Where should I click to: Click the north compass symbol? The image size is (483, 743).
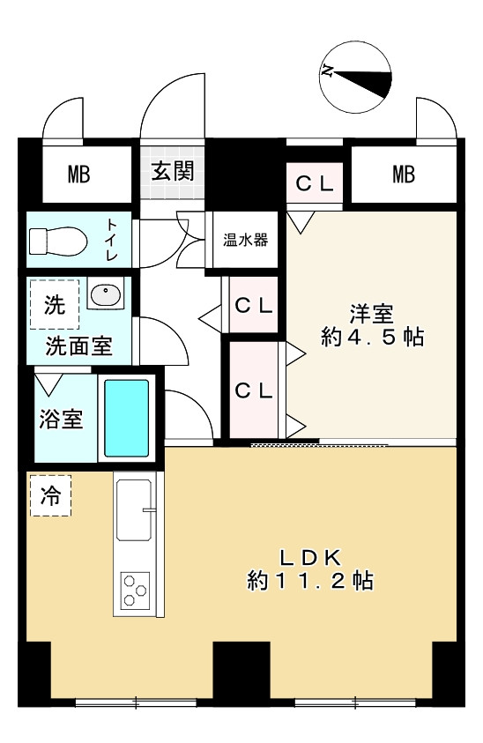click(356, 77)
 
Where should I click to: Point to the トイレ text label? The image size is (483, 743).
click(113, 239)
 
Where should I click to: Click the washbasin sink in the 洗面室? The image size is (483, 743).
click(105, 295)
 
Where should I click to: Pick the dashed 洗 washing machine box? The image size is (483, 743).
click(55, 304)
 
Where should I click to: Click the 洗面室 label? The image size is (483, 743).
click(78, 345)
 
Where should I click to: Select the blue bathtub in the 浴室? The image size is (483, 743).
click(127, 417)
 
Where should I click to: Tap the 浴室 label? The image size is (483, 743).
click(61, 418)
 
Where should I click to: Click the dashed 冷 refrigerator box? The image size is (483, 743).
click(51, 496)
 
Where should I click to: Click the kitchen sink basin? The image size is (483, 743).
click(134, 510)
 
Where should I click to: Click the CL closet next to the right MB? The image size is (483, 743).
click(314, 184)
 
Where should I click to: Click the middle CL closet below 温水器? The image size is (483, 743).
click(254, 305)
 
